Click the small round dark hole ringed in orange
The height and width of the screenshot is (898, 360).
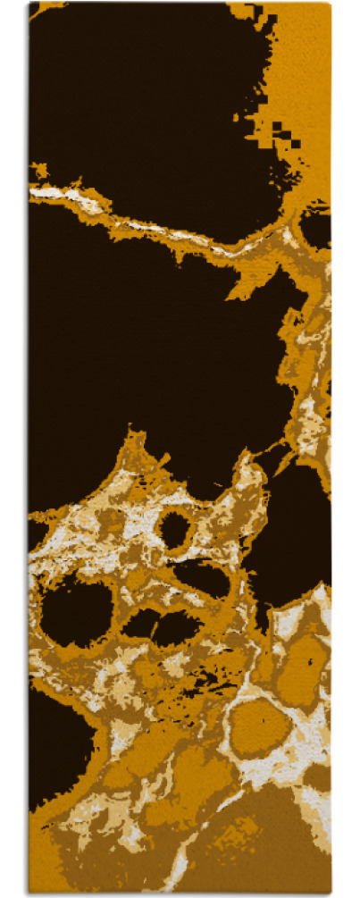tap(175, 530)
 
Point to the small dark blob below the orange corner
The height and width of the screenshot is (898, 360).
tap(315, 228)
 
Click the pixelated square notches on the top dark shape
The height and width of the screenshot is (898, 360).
tap(284, 134)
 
